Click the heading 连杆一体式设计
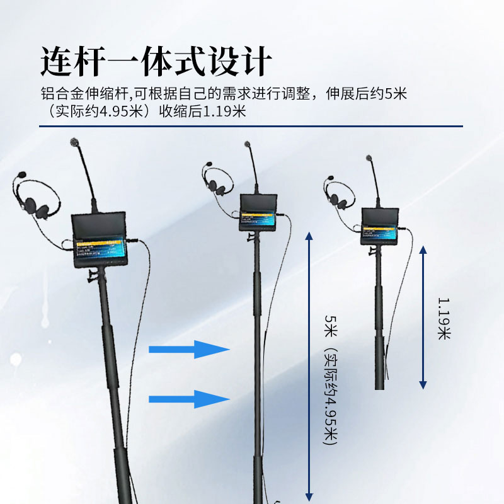point(156,62)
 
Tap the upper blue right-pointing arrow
point(189,349)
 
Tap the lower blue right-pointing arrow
point(189,399)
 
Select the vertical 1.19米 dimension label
point(444,319)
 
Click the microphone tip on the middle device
point(248,146)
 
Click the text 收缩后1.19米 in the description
point(202,112)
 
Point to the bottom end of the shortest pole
point(380,386)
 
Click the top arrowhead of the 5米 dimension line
point(309,236)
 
